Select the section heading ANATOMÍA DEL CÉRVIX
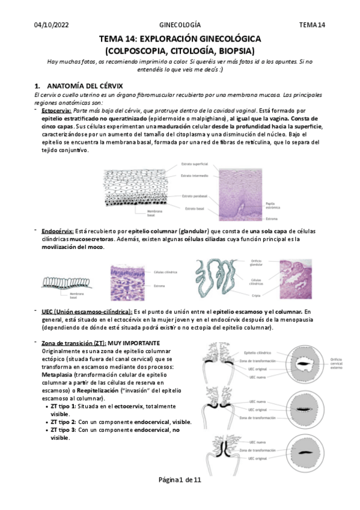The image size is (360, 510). pyautogui.click(x=85, y=86)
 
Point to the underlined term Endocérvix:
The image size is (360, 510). pyautogui.click(x=58, y=230)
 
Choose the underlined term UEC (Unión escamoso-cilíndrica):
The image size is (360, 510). pyautogui.click(x=87, y=312)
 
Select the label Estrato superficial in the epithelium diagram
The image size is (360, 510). pyautogui.click(x=195, y=164)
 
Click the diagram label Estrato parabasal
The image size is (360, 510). pyautogui.click(x=194, y=196)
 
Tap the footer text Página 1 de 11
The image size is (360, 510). pyautogui.click(x=180, y=497)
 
